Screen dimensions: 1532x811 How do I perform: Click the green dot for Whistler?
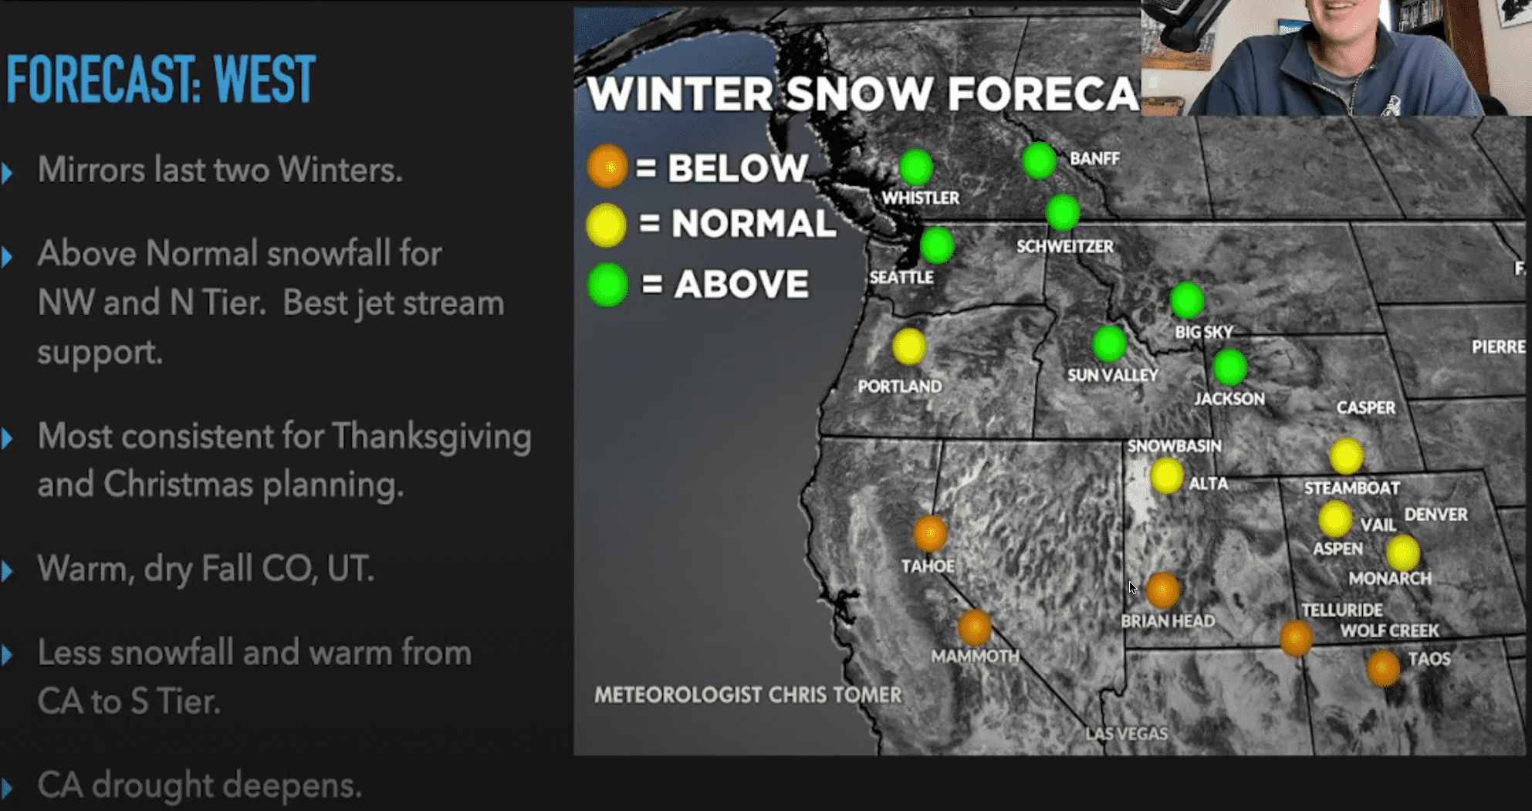click(x=916, y=167)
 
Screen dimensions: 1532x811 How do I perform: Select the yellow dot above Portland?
click(x=909, y=346)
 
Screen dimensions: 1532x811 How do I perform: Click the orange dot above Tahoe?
click(x=930, y=533)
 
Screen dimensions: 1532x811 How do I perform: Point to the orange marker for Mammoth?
click(x=975, y=627)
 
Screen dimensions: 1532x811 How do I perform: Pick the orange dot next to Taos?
click(x=1383, y=668)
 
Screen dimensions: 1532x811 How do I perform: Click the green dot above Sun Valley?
click(x=1109, y=343)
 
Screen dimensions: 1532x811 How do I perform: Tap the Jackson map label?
click(x=1229, y=399)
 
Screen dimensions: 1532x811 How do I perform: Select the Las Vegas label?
click(x=1126, y=733)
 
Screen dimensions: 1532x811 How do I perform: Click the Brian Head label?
click(x=1168, y=621)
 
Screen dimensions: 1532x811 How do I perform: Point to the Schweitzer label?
click(x=1065, y=247)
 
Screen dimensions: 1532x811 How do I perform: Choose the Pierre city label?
click(x=1498, y=347)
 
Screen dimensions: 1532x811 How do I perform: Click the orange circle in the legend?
click(x=607, y=167)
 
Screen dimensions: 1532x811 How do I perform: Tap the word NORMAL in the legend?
click(x=754, y=224)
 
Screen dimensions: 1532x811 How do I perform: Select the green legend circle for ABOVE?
click(x=607, y=285)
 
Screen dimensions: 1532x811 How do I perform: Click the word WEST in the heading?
click(x=264, y=79)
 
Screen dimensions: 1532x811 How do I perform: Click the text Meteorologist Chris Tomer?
click(x=747, y=694)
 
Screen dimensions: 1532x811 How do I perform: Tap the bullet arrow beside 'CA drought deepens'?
click(x=8, y=787)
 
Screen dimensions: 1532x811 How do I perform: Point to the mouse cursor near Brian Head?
click(x=1133, y=588)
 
